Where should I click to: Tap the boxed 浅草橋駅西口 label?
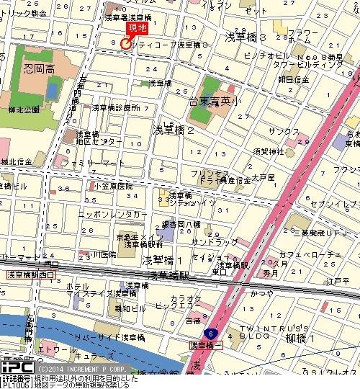pos(30,275)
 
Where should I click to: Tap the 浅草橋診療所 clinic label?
pos(114,107)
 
